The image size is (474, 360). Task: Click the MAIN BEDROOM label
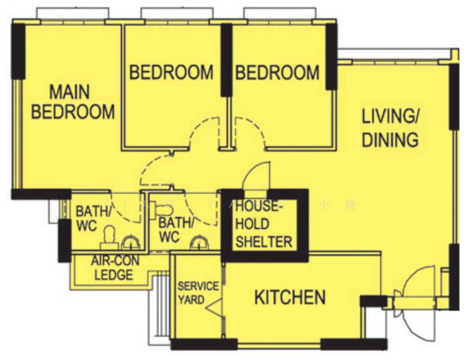pyautogui.click(x=73, y=102)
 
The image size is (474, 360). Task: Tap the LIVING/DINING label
pyautogui.click(x=390, y=128)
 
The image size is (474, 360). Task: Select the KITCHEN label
pyautogui.click(x=290, y=297)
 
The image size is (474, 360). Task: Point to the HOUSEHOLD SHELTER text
pyautogui.click(x=264, y=224)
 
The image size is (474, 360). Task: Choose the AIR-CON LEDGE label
pyautogui.click(x=112, y=268)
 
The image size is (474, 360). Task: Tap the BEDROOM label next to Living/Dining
pyautogui.click(x=277, y=73)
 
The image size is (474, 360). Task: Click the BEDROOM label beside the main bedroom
pyautogui.click(x=172, y=73)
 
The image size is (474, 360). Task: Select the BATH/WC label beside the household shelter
pyautogui.click(x=176, y=230)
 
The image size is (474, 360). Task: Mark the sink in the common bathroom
pyautogui.click(x=199, y=243)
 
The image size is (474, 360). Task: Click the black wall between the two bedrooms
pyautogui.click(x=226, y=60)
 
